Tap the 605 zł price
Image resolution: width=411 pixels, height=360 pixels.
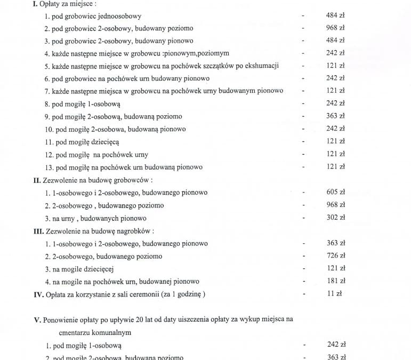pyautogui.click(x=335, y=192)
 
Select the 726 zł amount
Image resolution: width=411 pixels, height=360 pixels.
pyautogui.click(x=335, y=256)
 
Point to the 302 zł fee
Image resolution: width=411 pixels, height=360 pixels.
pyautogui.click(x=335, y=218)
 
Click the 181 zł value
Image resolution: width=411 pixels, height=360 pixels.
pyautogui.click(x=335, y=281)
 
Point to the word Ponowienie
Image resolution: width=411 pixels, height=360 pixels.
pyautogui.click(x=61, y=320)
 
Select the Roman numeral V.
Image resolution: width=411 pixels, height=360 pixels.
pyautogui.click(x=36, y=320)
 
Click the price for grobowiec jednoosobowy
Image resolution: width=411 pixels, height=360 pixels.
pyautogui.click(x=335, y=15)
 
